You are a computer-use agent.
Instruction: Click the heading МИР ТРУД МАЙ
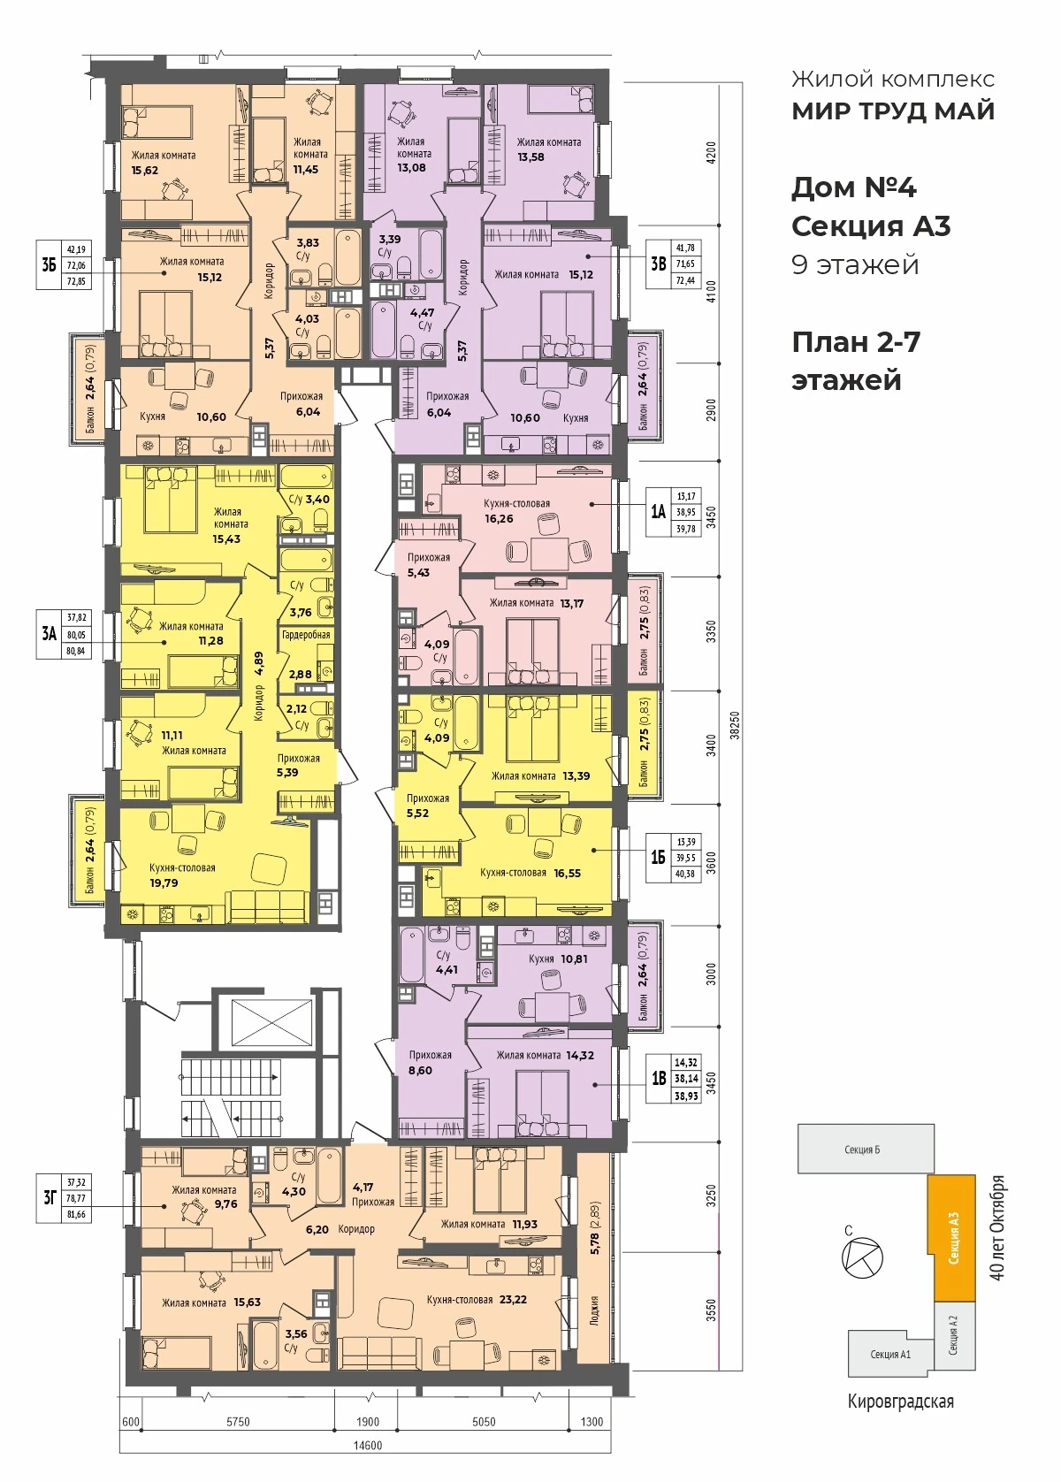pos(893,111)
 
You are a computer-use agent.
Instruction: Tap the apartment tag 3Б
pos(49,265)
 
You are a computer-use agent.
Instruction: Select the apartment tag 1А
pos(658,511)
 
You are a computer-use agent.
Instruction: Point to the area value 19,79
pos(164,882)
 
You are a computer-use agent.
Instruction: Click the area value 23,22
pos(514,1299)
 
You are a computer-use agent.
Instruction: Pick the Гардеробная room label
pos(306,635)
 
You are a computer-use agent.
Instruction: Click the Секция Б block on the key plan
pos(866,1150)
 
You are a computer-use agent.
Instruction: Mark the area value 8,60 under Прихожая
pos(421,1071)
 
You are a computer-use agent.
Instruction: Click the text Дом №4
pos(854,187)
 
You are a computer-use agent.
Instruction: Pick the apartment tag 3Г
pos(50,1197)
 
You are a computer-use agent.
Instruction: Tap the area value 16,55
pos(567,873)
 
